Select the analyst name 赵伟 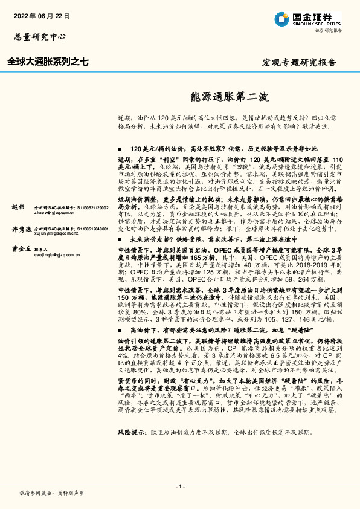pyautogui.click(x=18, y=206)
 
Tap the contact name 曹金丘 pyautogui.click(x=21, y=248)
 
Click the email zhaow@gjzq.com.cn pyautogui.click(x=53, y=213)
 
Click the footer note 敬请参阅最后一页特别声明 pyautogui.click(x=52, y=493)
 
